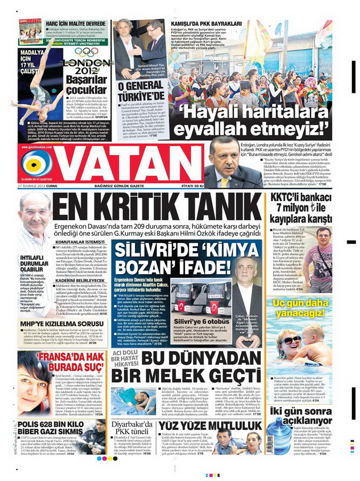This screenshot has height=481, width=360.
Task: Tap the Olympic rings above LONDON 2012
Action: (x=86, y=52)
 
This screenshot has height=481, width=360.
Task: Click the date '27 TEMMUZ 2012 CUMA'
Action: (x=38, y=185)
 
